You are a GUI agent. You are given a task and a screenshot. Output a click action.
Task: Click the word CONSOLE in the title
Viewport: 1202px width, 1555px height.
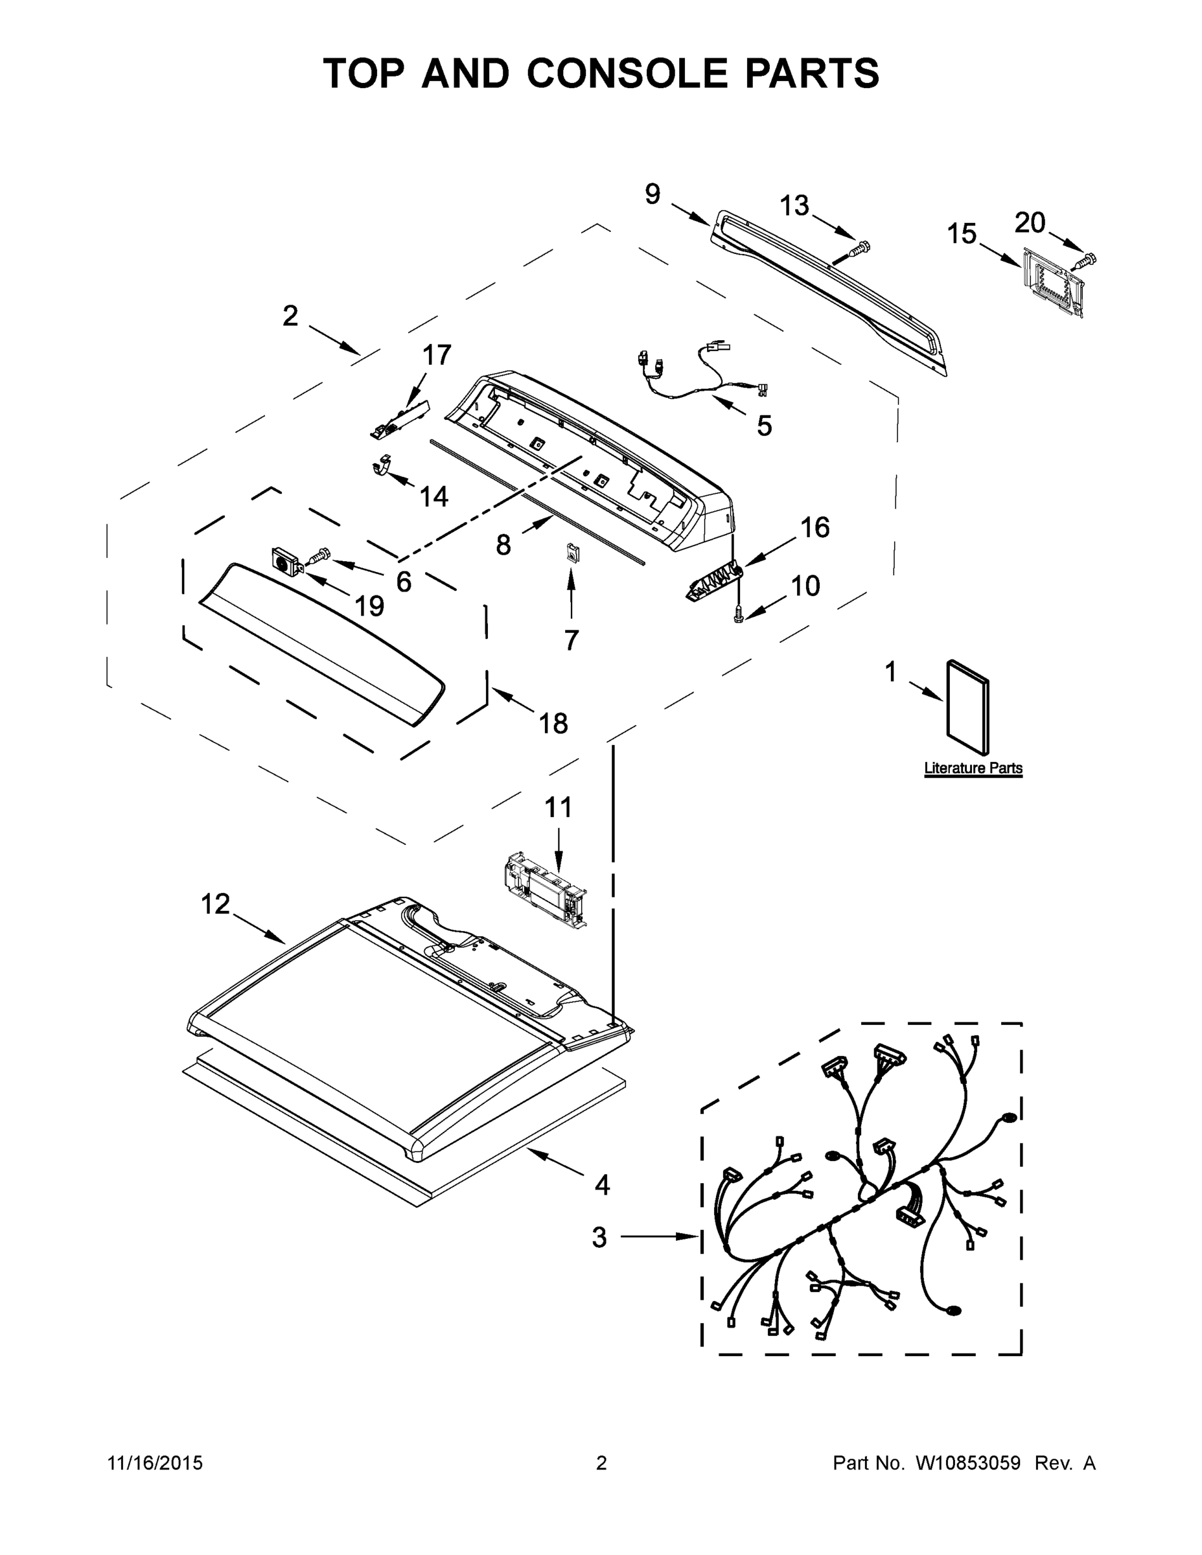[627, 73]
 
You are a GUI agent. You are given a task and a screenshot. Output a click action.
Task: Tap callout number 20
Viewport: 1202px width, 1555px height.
[1030, 223]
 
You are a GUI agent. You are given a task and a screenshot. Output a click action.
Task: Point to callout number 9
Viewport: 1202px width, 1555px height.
[653, 194]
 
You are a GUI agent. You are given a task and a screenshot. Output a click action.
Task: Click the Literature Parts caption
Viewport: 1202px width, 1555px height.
[973, 768]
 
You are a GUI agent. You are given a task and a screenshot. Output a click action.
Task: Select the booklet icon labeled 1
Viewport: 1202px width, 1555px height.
[967, 707]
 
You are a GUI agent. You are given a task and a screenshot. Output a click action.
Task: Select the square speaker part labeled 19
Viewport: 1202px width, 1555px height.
[287, 562]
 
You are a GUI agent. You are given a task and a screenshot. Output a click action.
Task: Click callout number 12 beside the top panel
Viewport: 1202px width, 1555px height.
[215, 904]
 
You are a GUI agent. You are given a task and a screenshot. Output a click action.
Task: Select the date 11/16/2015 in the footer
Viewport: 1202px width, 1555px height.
[154, 1462]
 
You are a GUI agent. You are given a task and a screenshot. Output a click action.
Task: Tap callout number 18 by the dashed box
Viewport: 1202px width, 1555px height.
[553, 723]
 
